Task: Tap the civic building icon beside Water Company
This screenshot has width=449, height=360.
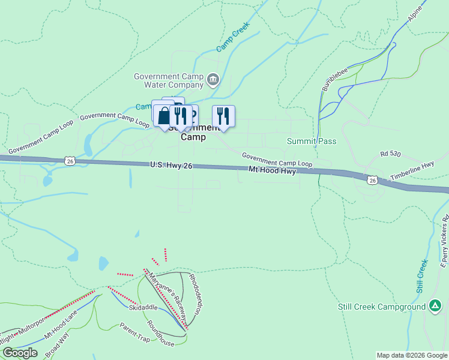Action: (212, 79)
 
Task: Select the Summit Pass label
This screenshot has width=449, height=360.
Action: (312, 142)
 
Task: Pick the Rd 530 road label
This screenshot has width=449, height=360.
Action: (390, 154)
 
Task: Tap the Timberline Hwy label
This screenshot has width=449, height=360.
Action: (412, 174)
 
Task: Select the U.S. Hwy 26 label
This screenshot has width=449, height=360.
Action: (171, 166)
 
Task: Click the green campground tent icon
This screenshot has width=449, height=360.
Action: (434, 307)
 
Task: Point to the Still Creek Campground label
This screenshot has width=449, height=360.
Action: (381, 307)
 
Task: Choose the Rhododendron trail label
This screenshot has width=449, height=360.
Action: (196, 290)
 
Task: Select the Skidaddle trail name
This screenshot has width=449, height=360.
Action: (143, 307)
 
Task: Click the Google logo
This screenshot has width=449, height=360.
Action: (20, 353)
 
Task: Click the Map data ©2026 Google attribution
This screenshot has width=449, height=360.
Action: (411, 355)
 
